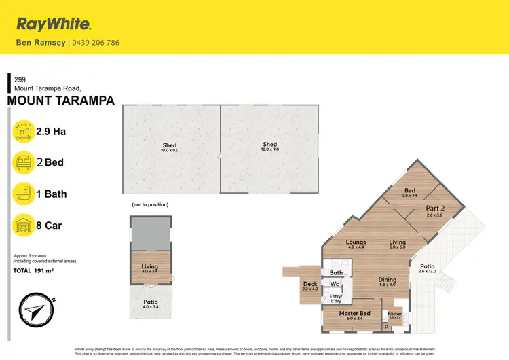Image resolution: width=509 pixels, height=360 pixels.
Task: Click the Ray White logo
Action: pos(54,25)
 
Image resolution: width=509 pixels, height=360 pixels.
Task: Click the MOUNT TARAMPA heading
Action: pos(60,101)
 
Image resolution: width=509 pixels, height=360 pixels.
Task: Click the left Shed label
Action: pos(169,145)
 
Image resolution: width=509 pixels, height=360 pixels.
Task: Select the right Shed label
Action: pos(270,144)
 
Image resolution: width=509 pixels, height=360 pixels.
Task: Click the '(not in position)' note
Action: pos(150,204)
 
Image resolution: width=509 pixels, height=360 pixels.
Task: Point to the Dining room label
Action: pos(387,279)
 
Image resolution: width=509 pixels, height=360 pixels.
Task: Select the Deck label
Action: pos(310,285)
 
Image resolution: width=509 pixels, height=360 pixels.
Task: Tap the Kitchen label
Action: pos(395,313)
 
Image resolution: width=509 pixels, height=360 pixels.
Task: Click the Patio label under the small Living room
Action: pos(150,302)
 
